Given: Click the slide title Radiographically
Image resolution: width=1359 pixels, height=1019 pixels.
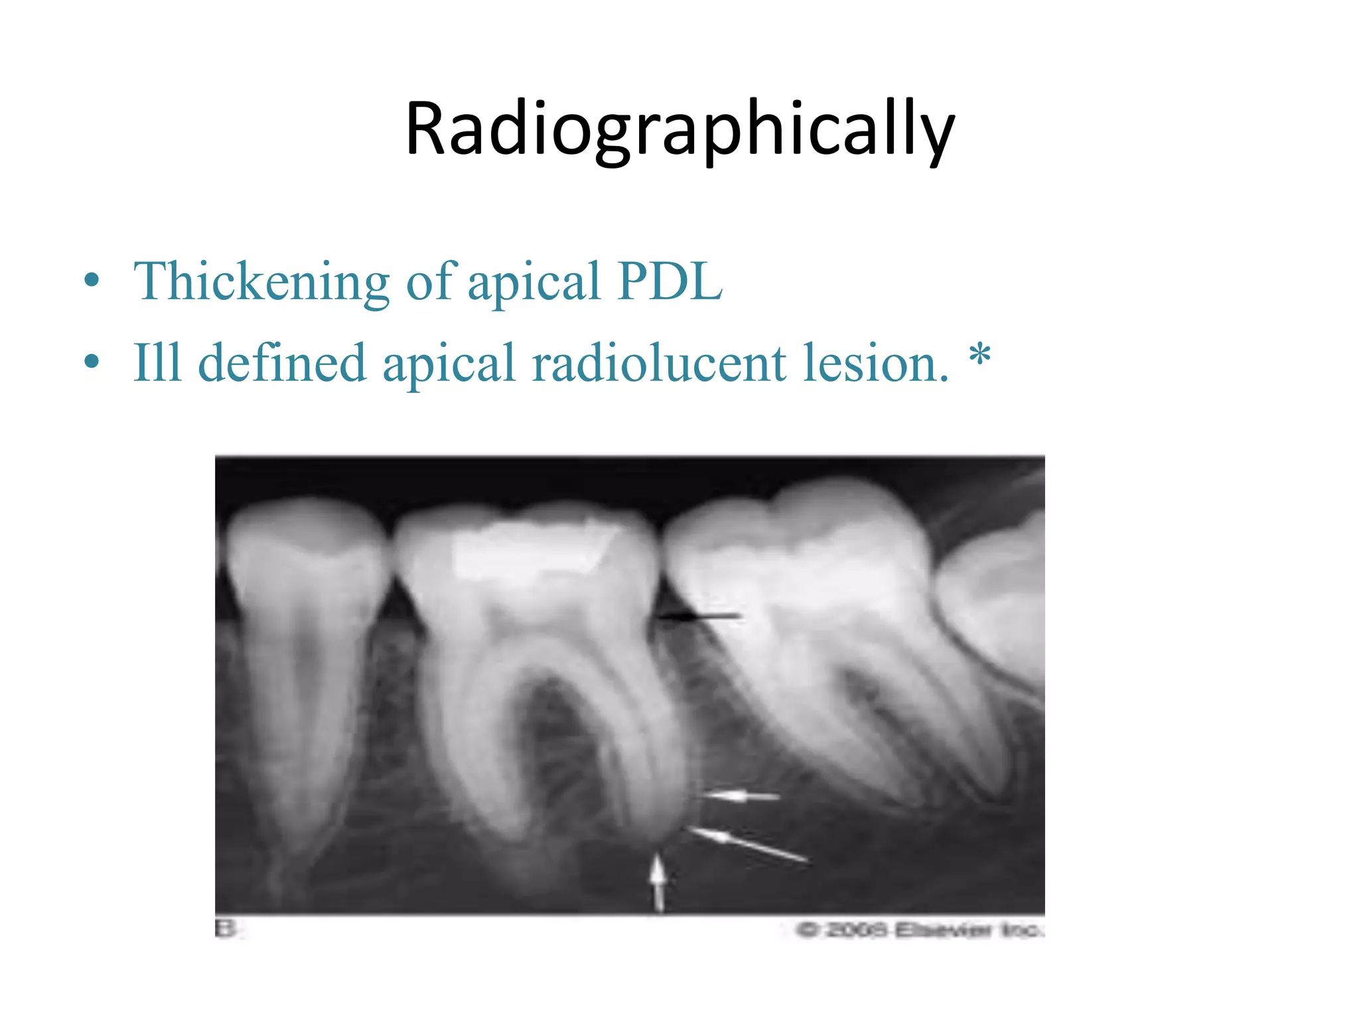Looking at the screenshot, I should (679, 129).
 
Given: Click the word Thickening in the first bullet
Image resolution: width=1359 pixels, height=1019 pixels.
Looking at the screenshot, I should (261, 281).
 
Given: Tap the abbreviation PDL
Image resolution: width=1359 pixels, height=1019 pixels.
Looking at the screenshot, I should (669, 281).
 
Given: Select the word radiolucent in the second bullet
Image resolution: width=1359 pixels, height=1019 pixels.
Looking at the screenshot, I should (659, 363).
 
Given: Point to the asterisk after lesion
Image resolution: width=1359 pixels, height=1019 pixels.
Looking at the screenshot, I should (979, 358).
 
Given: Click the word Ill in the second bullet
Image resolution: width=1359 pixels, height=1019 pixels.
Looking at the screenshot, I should (157, 363).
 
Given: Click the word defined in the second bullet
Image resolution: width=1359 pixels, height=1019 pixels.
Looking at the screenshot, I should (282, 363).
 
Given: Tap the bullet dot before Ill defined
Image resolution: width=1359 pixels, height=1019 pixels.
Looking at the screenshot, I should (92, 362).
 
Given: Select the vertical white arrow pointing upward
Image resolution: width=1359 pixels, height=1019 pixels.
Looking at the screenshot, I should (658, 882).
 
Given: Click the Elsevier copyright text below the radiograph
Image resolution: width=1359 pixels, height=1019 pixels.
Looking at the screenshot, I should (920, 930).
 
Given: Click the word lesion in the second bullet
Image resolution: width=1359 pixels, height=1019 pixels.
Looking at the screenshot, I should (876, 363).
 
